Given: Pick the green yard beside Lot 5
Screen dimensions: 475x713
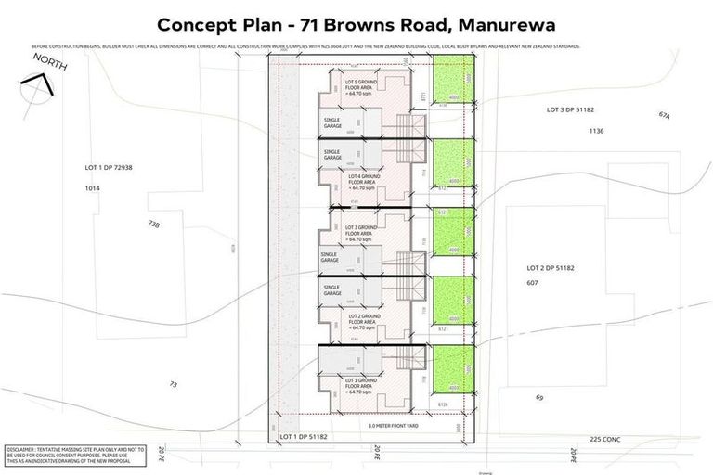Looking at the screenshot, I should click(x=453, y=79).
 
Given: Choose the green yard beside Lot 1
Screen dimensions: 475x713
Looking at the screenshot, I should click(x=453, y=371).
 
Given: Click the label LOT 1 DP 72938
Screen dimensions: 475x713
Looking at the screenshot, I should click(x=109, y=168).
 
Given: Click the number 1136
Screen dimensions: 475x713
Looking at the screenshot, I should click(x=596, y=131).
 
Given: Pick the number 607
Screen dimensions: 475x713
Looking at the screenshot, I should click(x=533, y=282).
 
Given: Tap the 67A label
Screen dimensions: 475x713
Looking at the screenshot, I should click(x=663, y=116).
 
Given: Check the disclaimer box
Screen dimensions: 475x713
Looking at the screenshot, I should click(x=75, y=455).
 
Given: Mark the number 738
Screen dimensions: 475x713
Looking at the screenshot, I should click(x=153, y=225).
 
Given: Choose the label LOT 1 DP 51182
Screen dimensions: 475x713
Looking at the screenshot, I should click(x=305, y=435).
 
